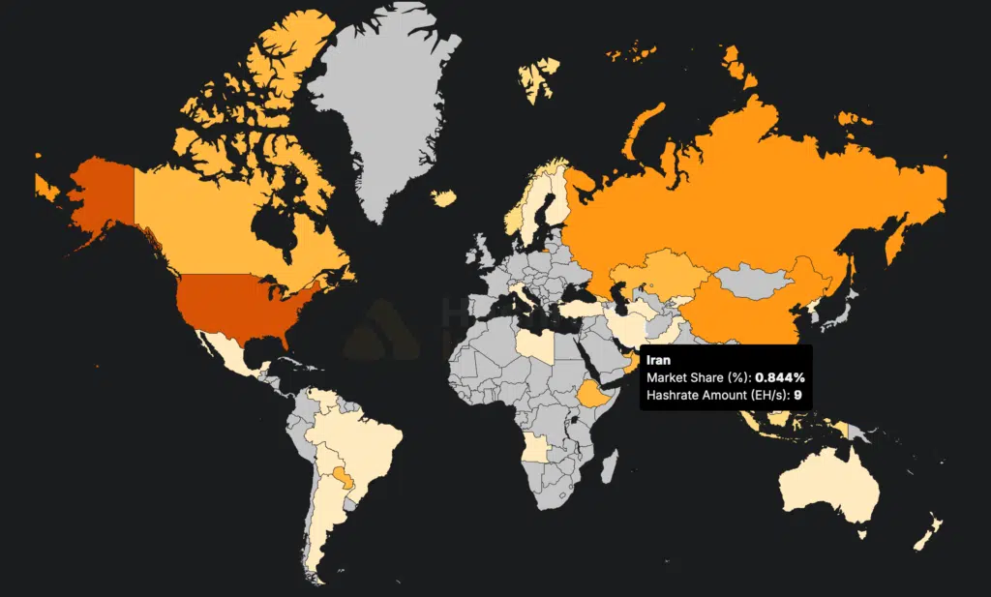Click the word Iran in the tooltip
[659, 361]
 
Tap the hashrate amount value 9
[797, 395]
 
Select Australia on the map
[831, 484]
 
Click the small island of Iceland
[443, 197]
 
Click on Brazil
[368, 445]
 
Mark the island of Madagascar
[610, 469]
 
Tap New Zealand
[929, 531]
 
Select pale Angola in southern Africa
[536, 450]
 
